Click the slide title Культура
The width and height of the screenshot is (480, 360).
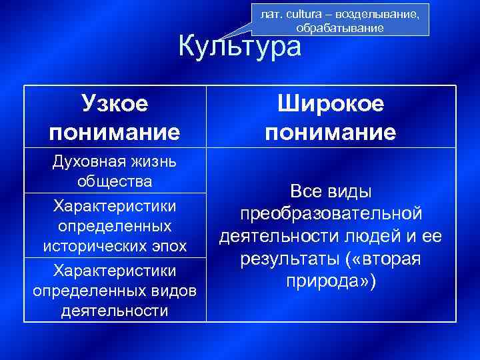point(240,47)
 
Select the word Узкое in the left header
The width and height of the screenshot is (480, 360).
point(115,104)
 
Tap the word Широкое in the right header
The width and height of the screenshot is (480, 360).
point(331,104)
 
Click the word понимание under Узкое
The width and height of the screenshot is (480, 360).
point(115,132)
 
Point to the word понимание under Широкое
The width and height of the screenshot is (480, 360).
point(331,132)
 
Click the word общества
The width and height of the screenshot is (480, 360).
point(115,181)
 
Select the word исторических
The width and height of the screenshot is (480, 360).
point(91,246)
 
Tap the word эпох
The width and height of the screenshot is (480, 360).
point(163,246)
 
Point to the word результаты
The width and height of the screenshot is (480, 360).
point(283,259)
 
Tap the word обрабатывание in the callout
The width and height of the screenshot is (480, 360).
point(340,29)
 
